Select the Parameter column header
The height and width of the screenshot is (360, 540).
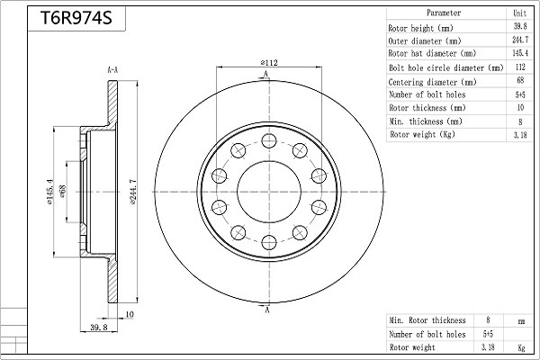[x=444, y=13]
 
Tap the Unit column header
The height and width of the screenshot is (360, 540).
[x=519, y=13]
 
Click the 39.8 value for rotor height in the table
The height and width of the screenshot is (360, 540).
[x=519, y=27]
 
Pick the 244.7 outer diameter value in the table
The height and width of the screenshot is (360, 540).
[x=519, y=40]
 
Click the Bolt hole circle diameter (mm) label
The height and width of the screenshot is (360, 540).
[x=445, y=67]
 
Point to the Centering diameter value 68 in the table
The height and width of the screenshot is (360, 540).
[x=519, y=81]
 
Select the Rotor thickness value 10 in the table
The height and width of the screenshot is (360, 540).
[x=519, y=108]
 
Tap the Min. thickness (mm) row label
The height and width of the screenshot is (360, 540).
[x=426, y=121]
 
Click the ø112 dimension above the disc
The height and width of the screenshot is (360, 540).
[x=268, y=63]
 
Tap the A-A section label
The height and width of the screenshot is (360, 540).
[x=113, y=69]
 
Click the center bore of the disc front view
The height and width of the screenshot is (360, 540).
[x=268, y=190]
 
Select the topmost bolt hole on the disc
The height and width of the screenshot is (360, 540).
[x=268, y=140]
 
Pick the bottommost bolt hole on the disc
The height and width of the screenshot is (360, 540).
[x=268, y=239]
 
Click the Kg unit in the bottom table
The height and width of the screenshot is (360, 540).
[x=520, y=346]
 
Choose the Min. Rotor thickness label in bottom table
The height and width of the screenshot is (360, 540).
[x=427, y=319]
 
